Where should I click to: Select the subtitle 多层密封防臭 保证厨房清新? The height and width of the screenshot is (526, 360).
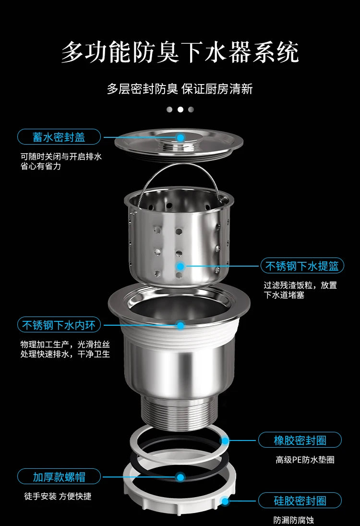point(180,89)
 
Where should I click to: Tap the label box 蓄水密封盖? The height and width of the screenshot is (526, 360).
point(59,137)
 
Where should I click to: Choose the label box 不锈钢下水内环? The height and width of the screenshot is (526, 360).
point(59,325)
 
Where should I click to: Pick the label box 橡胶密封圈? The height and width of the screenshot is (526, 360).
point(300,440)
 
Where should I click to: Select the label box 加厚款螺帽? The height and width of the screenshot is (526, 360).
point(59,477)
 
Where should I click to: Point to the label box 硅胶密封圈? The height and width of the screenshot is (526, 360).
point(300,501)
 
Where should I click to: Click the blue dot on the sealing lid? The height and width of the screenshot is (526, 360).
point(180,137)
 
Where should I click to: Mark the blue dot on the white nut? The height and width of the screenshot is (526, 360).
point(225,501)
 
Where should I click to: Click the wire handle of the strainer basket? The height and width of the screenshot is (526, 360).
point(180,171)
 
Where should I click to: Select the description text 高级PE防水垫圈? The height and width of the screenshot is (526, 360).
point(305,460)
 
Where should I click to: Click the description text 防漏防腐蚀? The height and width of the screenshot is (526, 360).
point(294,520)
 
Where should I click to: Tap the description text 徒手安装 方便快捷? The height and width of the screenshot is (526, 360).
point(58,496)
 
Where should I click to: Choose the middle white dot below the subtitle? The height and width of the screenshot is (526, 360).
point(180,110)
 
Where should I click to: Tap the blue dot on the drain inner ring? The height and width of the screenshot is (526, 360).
point(180,325)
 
